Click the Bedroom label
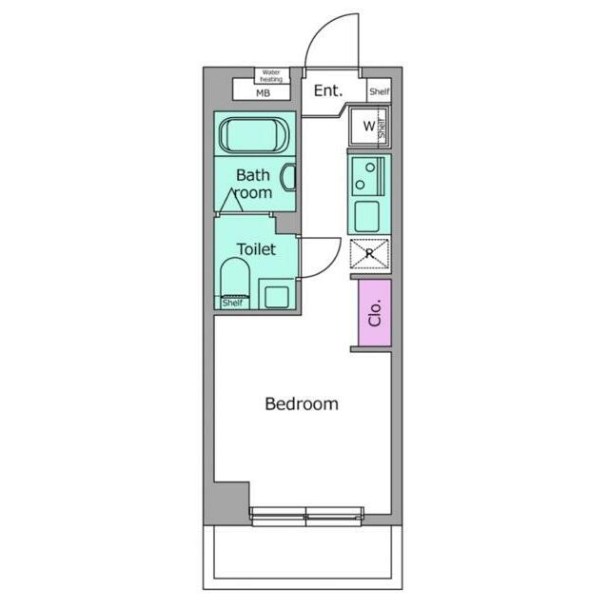pyautogui.click(x=301, y=403)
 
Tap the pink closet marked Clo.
pyautogui.click(x=374, y=311)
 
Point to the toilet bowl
pyautogui.click(x=234, y=280)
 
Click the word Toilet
pyautogui.click(x=256, y=249)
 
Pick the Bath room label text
pyautogui.click(x=253, y=184)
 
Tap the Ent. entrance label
pyautogui.click(x=328, y=91)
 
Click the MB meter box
pyautogui.click(x=262, y=92)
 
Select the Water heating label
pyautogui.click(x=270, y=75)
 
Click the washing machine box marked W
pyautogui.click(x=367, y=127)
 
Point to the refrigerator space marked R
pyautogui.click(x=368, y=254)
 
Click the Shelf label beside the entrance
pyautogui.click(x=379, y=91)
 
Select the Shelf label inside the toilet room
pyautogui.click(x=232, y=303)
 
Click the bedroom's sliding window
pyautogui.click(x=306, y=516)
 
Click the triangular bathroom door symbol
pyautogui.click(x=229, y=202)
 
